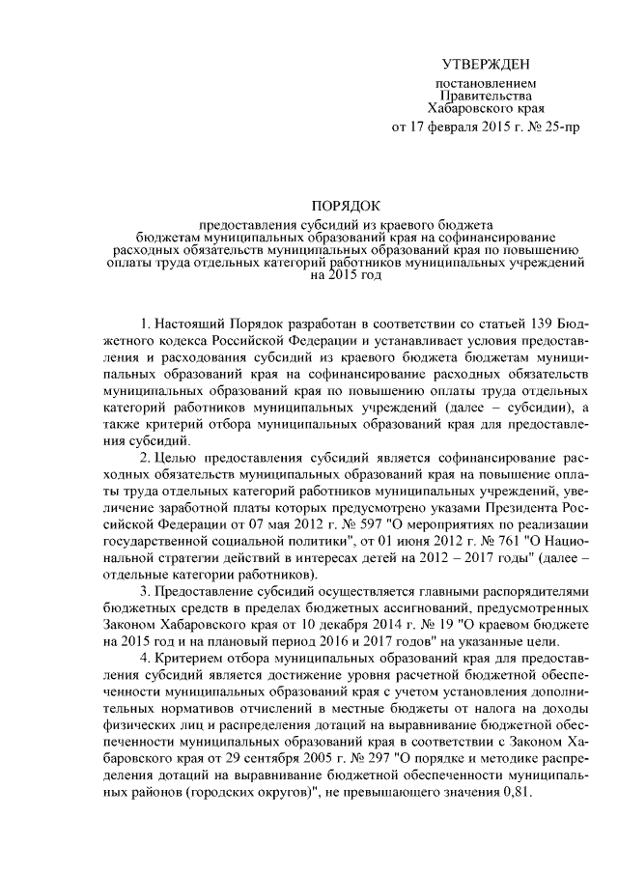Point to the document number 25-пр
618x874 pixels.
[560, 127]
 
